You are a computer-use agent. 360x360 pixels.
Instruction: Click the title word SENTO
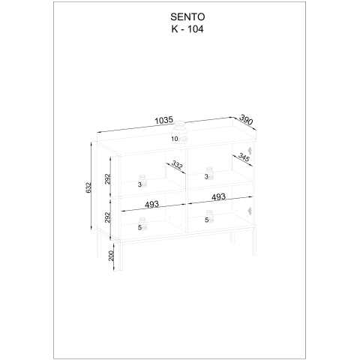pyautogui.click(x=187, y=17)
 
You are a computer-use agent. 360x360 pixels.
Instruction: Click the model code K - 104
pyautogui.click(x=187, y=29)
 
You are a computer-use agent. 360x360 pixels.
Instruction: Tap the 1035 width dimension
pyautogui.click(x=164, y=121)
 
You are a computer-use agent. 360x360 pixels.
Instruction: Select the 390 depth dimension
pyautogui.click(x=246, y=119)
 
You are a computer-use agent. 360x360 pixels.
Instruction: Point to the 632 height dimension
pyautogui.click(x=88, y=187)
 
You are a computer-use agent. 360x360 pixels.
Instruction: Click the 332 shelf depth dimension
pyautogui.click(x=177, y=165)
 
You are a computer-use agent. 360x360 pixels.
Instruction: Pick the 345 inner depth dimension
pyautogui.click(x=244, y=157)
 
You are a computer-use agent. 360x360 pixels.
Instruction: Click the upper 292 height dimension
pyautogui.click(x=107, y=179)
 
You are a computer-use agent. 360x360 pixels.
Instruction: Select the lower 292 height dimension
pyautogui.click(x=107, y=217)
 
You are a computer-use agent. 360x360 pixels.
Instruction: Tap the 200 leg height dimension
pyautogui.click(x=111, y=256)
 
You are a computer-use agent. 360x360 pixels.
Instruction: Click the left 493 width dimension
pyautogui.click(x=152, y=204)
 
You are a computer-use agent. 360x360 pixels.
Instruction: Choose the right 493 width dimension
pyautogui.click(x=218, y=197)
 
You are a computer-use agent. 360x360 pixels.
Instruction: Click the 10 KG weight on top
pyautogui.click(x=179, y=133)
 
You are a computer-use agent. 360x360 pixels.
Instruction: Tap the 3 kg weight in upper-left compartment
pyautogui.click(x=142, y=181)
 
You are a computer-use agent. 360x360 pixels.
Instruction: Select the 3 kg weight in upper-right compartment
pyautogui.click(x=209, y=173)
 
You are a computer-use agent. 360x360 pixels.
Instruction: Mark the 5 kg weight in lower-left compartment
pyautogui.click(x=142, y=224)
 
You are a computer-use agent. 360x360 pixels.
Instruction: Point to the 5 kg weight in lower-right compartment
pyautogui.click(x=209, y=217)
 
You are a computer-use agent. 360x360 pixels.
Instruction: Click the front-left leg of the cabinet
pyautogui.click(x=121, y=256)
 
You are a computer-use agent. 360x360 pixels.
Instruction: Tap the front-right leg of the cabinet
pyautogui.click(x=254, y=241)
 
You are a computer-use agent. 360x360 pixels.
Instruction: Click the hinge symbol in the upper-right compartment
pyautogui.click(x=250, y=151)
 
